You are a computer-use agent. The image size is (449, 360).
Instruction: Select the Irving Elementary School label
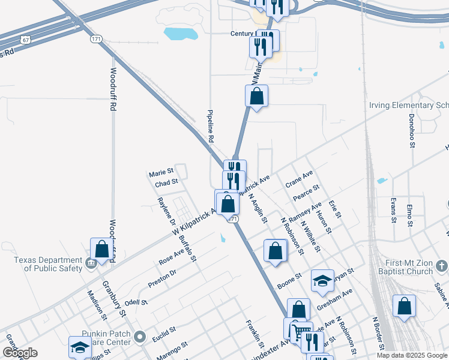point(408,106)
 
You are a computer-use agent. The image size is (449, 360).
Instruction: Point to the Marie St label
point(161,174)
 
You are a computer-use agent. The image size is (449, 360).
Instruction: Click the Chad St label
point(166,182)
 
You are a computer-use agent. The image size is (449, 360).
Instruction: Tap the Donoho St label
point(412,130)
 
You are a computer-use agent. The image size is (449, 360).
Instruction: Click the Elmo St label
point(409,214)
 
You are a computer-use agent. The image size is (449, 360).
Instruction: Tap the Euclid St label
point(163,329)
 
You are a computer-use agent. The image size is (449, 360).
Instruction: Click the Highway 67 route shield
point(24,40)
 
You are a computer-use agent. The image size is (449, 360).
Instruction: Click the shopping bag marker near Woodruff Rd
point(101,250)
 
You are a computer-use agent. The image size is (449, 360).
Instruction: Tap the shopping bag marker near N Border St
point(405,306)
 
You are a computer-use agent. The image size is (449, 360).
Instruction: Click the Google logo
point(20,353)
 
